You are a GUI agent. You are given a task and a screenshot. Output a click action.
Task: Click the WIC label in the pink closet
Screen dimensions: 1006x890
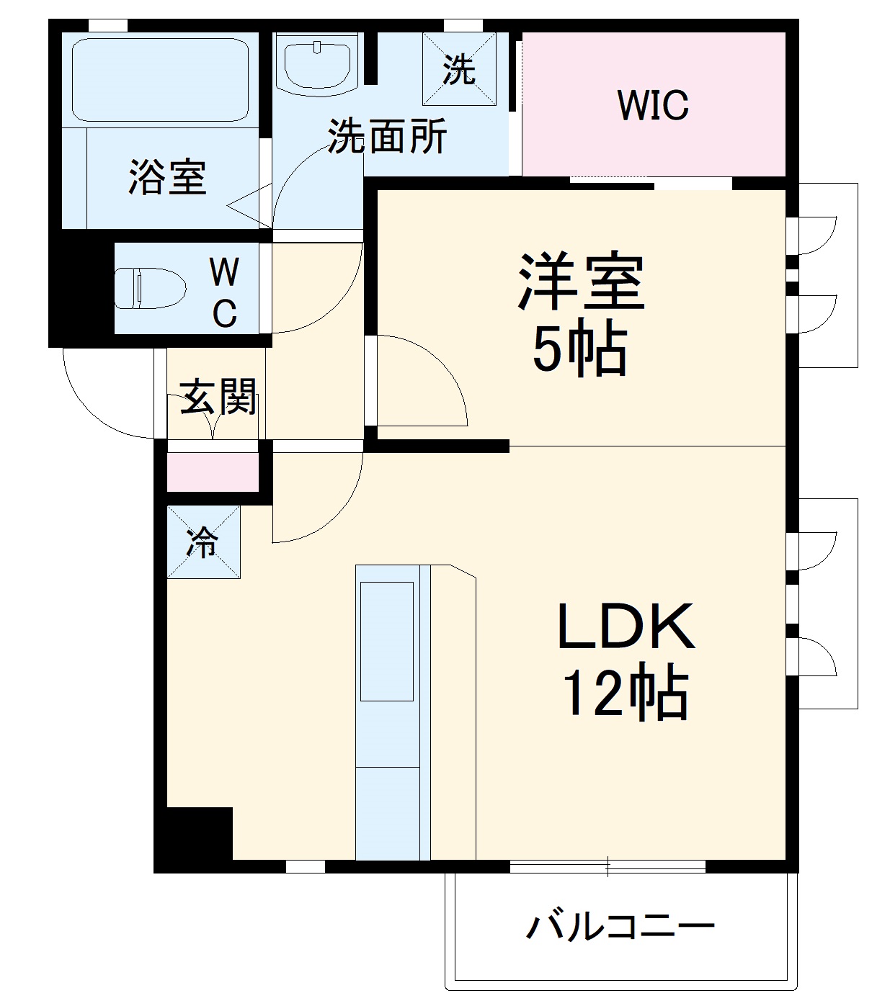tap(653, 105)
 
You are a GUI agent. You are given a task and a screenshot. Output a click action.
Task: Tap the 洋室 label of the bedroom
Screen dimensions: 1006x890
tap(581, 282)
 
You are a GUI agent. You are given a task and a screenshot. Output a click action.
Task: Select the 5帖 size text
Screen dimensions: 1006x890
tap(579, 351)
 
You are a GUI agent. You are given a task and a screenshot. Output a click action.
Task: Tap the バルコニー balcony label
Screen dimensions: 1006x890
tap(620, 926)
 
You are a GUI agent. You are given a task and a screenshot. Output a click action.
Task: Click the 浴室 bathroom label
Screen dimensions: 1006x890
tap(167, 176)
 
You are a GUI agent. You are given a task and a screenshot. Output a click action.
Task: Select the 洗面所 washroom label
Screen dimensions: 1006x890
tap(387, 135)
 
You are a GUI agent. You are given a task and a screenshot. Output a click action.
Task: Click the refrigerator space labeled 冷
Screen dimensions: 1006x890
tap(203, 543)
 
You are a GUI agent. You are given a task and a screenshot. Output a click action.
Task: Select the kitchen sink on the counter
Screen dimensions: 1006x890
tap(387, 641)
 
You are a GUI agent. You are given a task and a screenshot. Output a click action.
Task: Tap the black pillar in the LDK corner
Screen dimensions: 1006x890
tap(195, 835)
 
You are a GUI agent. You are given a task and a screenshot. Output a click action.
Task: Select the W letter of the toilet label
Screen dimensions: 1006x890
tap(224, 272)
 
